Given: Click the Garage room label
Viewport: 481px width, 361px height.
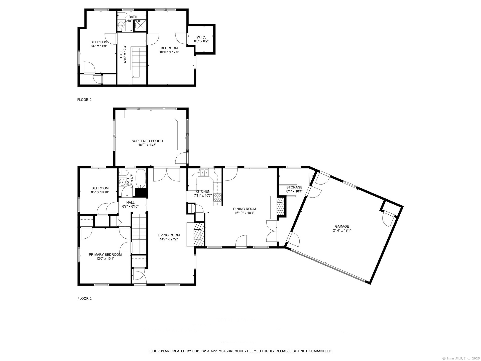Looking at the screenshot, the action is pyautogui.click(x=342, y=226).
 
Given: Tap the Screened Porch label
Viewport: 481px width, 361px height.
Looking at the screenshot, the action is pyautogui.click(x=147, y=141).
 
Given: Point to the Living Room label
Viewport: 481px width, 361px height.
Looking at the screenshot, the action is pyautogui.click(x=169, y=235).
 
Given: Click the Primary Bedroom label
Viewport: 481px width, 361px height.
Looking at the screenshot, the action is pyautogui.click(x=105, y=254).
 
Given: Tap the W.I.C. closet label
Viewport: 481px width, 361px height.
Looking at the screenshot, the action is pyautogui.click(x=201, y=37).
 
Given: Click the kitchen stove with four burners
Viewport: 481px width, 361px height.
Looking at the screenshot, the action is pyautogui.click(x=217, y=197).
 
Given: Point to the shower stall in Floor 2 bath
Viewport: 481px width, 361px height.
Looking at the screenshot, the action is pyautogui.click(x=140, y=25).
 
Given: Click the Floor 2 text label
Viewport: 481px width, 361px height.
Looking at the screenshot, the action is pyautogui.click(x=84, y=100).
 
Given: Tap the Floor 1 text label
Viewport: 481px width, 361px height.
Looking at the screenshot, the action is pyautogui.click(x=84, y=298).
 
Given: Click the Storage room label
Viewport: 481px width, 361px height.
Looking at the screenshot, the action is pyautogui.click(x=294, y=187).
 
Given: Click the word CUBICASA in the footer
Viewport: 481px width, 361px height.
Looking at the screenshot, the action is pyautogui.click(x=200, y=351).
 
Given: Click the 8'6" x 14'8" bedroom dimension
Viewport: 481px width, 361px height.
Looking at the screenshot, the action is pyautogui.click(x=99, y=46).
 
